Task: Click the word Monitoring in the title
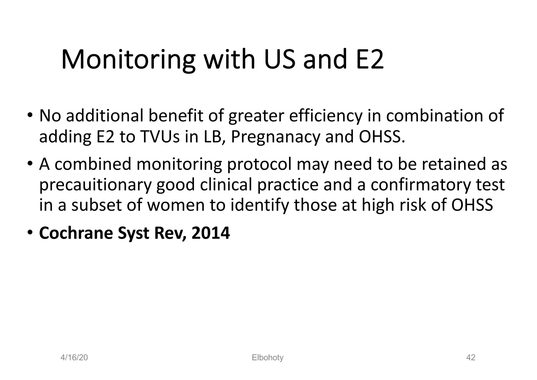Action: tap(128, 60)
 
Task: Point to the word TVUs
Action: tap(160, 137)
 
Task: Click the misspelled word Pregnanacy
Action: tap(276, 137)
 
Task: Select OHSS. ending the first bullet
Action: tap(382, 137)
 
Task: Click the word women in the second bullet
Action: tap(176, 205)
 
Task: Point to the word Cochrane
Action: tap(76, 233)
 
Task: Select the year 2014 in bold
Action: tap(211, 233)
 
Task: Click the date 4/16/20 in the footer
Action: tap(74, 357)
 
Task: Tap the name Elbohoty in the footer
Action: tap(267, 357)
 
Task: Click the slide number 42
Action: tap(471, 357)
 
